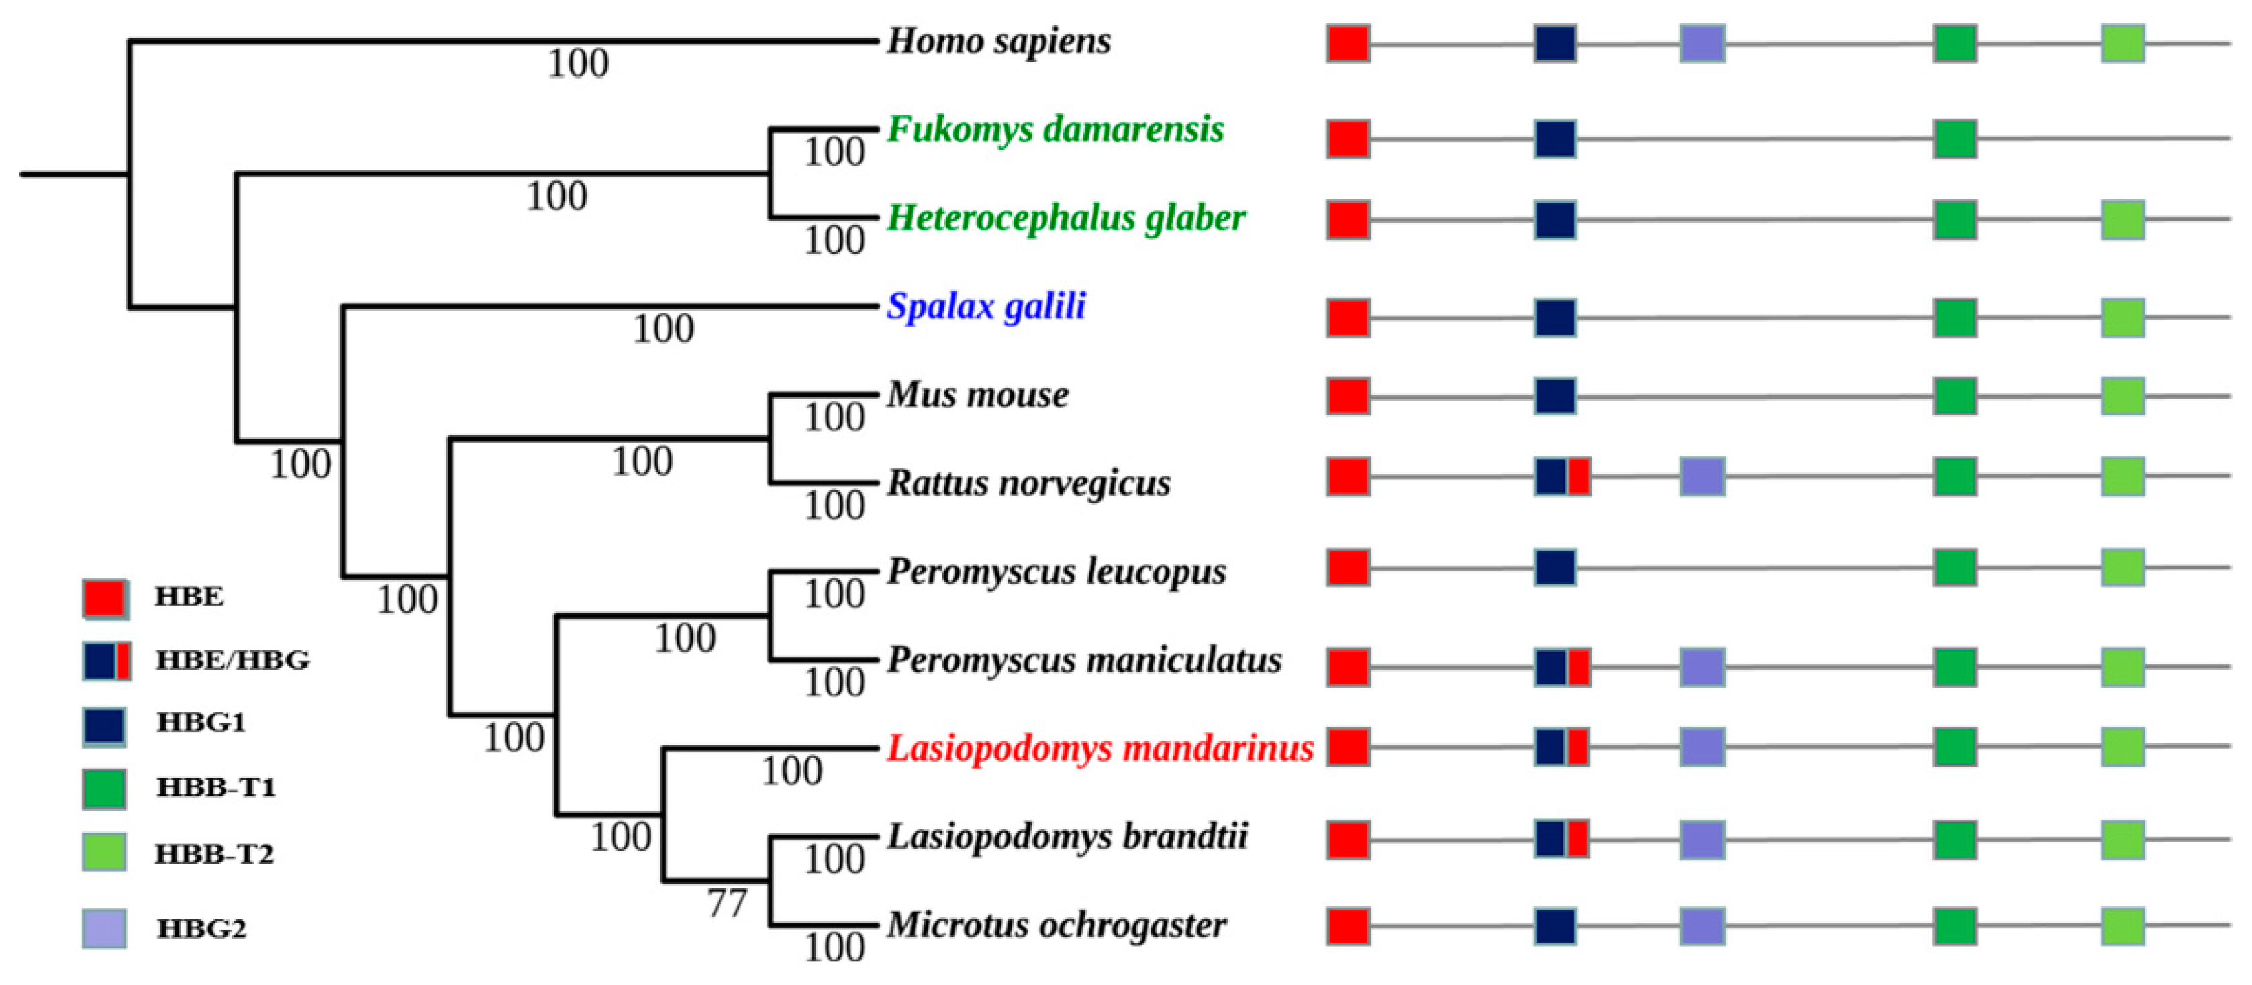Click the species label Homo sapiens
pos(998,41)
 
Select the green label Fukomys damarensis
pos(1055,129)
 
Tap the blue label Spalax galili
pos(986,306)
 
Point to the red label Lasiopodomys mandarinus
pos(1099,748)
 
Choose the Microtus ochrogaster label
pos(1056,925)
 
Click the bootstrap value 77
pos(728,903)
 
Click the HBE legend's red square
pos(105,599)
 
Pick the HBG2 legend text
pos(202,928)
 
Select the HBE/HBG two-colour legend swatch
pos(107,661)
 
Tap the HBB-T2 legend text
pos(214,854)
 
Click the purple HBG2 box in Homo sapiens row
pos(1702,44)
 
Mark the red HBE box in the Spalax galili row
pos(1347,317)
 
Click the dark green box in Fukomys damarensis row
pos(1955,139)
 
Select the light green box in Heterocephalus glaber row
pos(2122,219)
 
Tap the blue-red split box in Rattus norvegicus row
pos(1562,476)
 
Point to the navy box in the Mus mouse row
pos(1555,396)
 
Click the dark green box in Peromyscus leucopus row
pos(1955,567)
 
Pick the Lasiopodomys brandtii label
pos(1067,837)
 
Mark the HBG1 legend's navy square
pos(104,726)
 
